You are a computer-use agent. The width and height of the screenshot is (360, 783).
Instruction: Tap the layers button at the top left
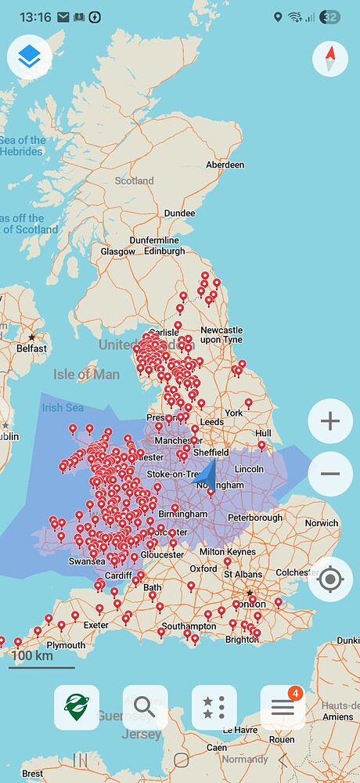coord(29,56)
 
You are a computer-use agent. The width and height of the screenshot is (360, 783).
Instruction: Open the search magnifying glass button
coord(145,708)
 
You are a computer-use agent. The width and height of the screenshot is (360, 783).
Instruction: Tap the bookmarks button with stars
coord(214,708)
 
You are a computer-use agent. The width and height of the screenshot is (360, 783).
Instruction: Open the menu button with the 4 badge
coord(283,708)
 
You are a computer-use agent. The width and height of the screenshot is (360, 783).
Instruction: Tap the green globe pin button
coord(76,708)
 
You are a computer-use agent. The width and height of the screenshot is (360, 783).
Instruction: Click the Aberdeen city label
coord(225,165)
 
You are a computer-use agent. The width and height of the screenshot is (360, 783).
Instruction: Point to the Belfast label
coord(32,348)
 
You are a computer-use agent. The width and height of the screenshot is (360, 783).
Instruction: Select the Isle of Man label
coord(86,374)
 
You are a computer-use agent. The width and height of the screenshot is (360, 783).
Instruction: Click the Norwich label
coord(322,523)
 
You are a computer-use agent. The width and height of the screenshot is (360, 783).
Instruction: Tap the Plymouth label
coord(67,645)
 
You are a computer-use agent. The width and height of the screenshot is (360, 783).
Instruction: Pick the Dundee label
coord(179,213)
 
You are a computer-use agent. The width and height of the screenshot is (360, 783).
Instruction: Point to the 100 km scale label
coord(32,655)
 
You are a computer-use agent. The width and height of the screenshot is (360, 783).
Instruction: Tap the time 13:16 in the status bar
coord(34,16)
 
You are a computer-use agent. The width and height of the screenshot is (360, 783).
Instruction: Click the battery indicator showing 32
coord(329,16)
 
